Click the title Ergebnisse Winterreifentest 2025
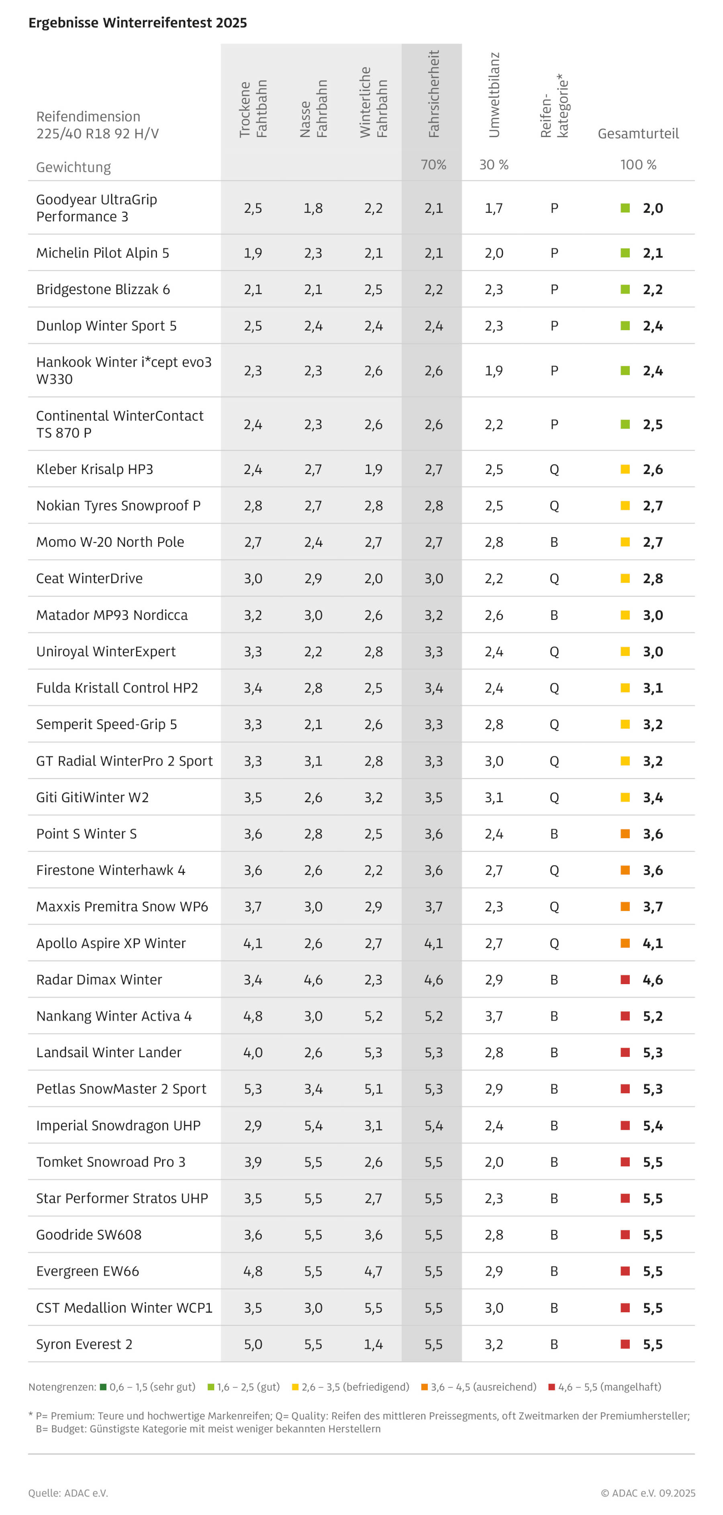tap(138, 23)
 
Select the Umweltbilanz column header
tap(494, 95)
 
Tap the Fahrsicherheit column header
tap(433, 94)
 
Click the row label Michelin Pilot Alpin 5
tap(102, 253)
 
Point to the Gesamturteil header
tap(638, 133)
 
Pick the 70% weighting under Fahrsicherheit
tap(433, 165)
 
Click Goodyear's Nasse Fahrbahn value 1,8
tap(313, 208)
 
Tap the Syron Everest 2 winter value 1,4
tap(373, 1344)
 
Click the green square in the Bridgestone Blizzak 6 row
tap(625, 289)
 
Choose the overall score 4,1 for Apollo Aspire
tap(652, 943)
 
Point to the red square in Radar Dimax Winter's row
tap(625, 980)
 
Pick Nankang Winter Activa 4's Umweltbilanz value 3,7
tap(494, 1016)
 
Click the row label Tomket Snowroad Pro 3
tap(110, 1162)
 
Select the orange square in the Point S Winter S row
tap(625, 834)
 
